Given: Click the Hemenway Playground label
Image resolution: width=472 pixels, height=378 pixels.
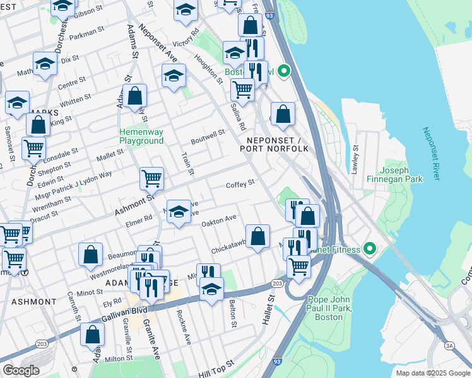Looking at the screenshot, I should pos(142,136).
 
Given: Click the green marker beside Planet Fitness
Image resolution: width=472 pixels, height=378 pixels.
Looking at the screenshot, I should pos(371,249).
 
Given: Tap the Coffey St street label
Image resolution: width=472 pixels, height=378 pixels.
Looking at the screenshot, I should pos(240,183).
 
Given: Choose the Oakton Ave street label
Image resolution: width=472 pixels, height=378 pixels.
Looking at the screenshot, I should pos(218,219).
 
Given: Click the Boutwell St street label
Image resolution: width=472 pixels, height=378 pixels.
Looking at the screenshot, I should pos(208,134).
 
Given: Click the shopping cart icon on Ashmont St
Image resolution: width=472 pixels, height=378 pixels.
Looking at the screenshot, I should pos(151,178).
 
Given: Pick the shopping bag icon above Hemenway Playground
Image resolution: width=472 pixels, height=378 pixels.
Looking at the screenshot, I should pos(135,96).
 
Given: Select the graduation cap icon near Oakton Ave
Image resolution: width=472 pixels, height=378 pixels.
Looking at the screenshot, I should pos(179,212).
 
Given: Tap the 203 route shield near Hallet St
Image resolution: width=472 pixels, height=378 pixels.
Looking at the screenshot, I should pos(277,283).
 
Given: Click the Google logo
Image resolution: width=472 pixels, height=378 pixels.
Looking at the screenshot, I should pos(21,370).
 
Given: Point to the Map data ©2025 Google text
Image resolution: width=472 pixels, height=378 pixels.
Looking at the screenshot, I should pos(432,373).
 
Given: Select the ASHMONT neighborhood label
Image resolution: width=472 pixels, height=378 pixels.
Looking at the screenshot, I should pos(33,302).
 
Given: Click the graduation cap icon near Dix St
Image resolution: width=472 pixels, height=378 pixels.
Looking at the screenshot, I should pos(45,64).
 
